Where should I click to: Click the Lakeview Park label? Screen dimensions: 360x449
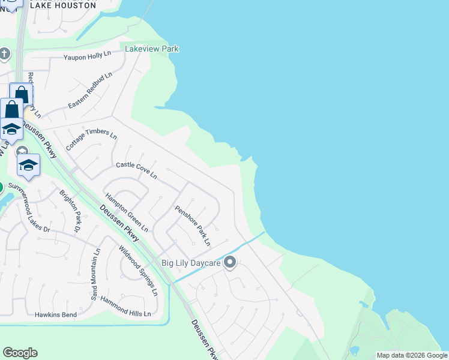point(152,49)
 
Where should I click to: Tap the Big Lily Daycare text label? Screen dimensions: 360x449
point(191,263)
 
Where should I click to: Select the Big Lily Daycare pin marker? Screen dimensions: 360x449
point(229,262)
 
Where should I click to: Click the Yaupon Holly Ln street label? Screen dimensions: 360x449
point(88,56)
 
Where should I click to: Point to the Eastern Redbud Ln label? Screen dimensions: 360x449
point(90,91)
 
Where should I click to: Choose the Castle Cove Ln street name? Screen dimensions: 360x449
point(136,169)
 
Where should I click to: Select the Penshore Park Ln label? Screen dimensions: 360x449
point(193,226)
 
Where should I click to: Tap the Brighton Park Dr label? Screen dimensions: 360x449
point(70,211)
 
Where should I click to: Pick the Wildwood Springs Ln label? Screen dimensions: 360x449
point(137,271)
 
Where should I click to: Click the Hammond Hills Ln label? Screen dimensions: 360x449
point(125,306)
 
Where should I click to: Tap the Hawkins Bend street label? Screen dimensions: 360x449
point(55,314)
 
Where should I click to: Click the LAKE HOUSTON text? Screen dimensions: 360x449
point(62,5)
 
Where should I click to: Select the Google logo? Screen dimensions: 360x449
point(20,353)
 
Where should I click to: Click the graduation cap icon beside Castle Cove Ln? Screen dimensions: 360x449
point(28,164)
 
